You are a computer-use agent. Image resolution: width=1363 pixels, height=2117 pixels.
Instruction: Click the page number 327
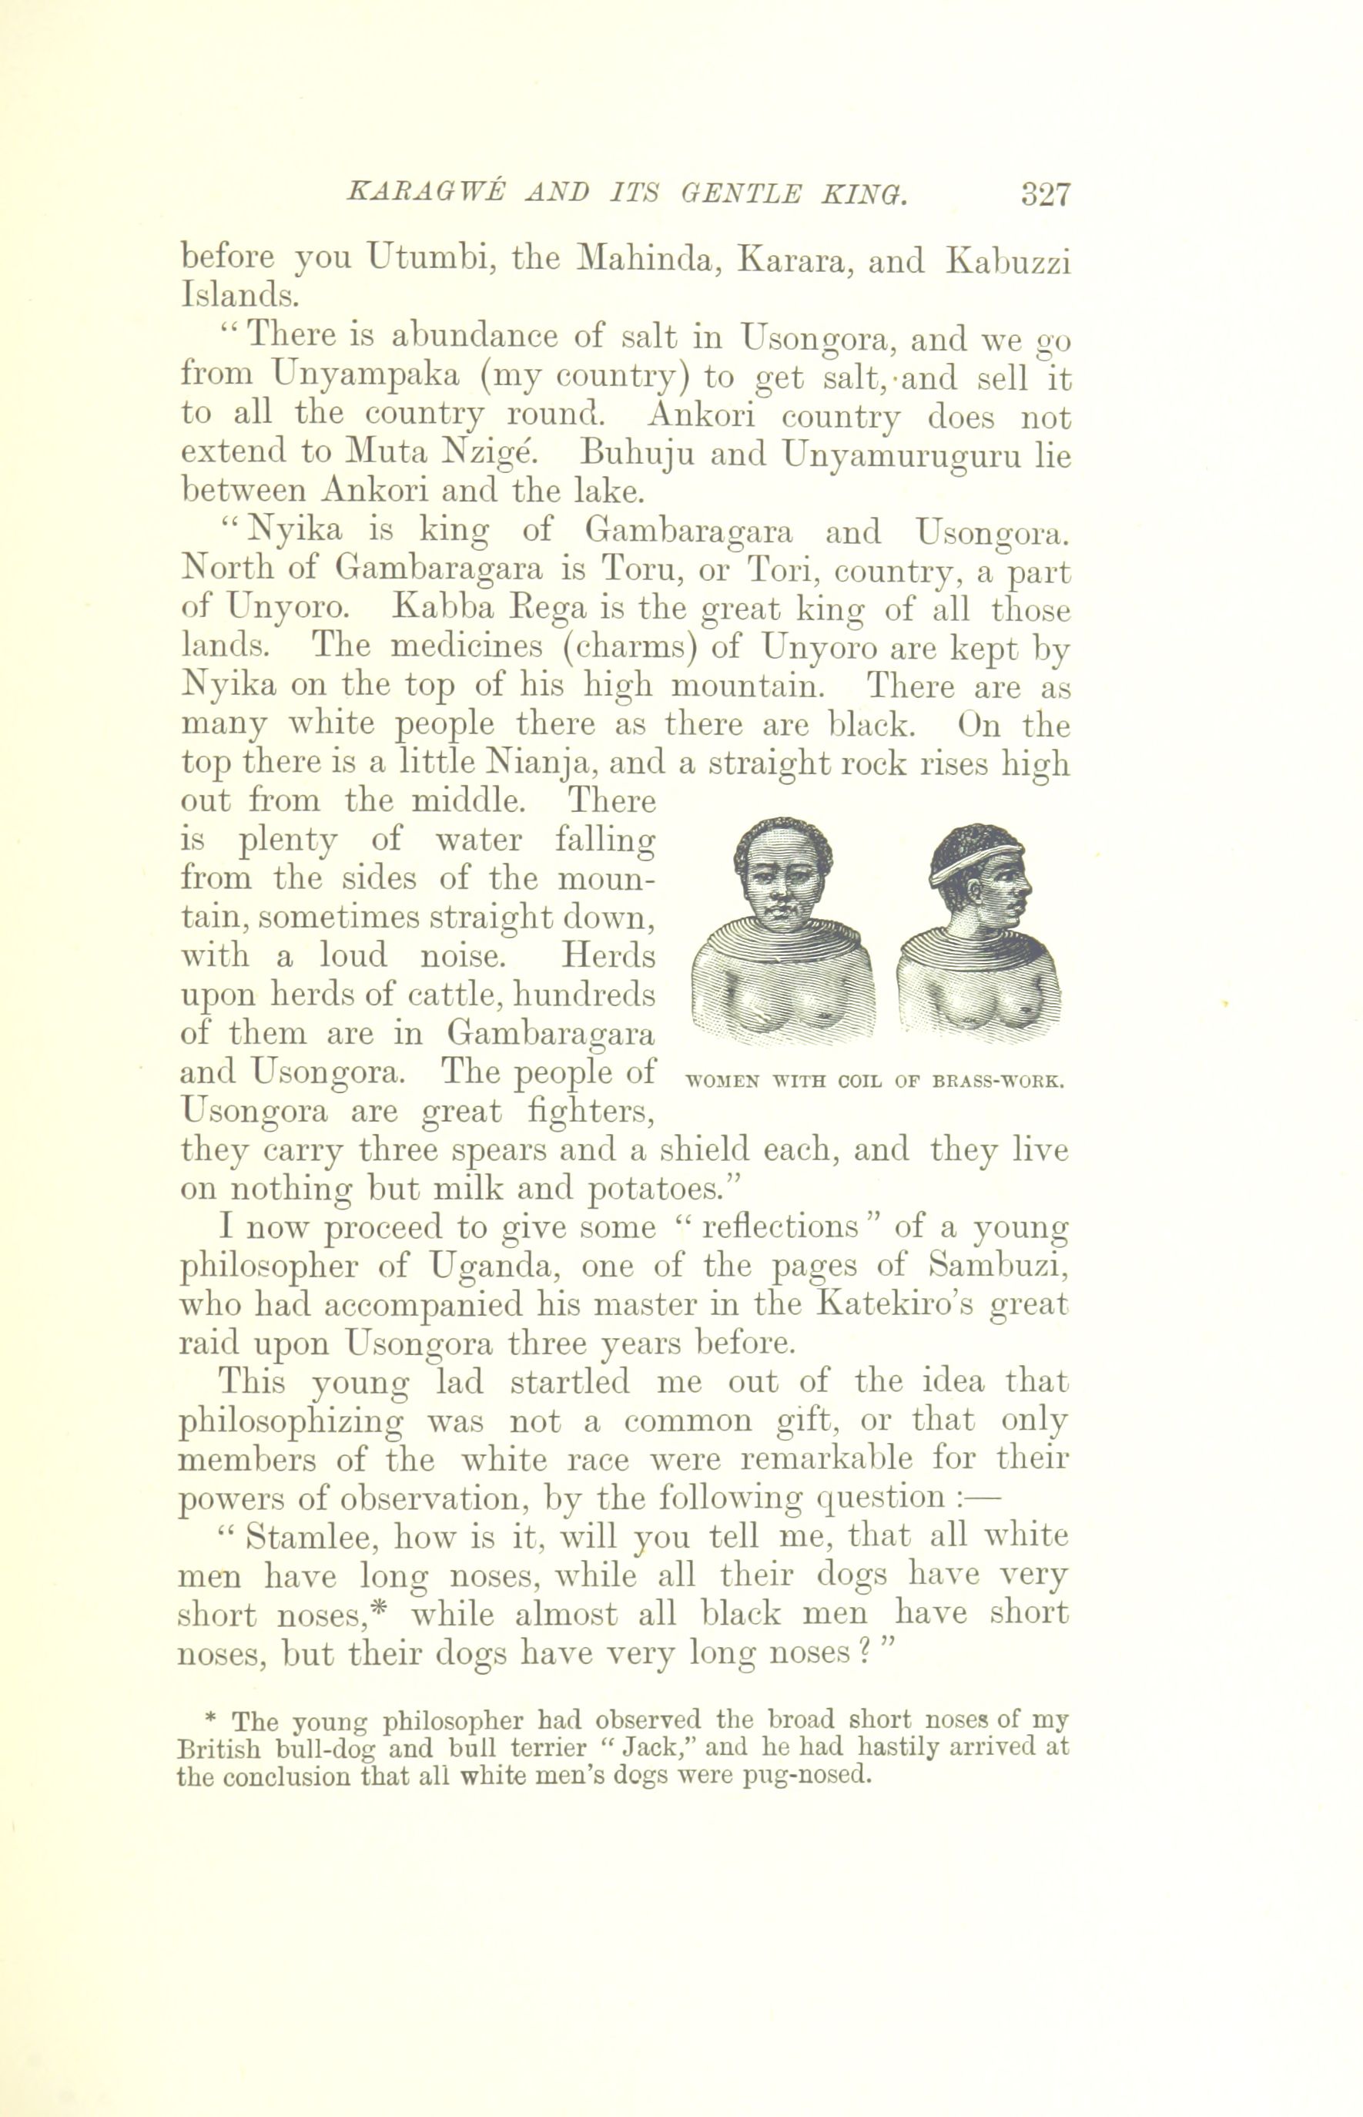click(x=1045, y=194)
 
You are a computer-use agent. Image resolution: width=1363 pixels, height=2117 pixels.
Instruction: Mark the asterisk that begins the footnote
click(x=211, y=1719)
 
